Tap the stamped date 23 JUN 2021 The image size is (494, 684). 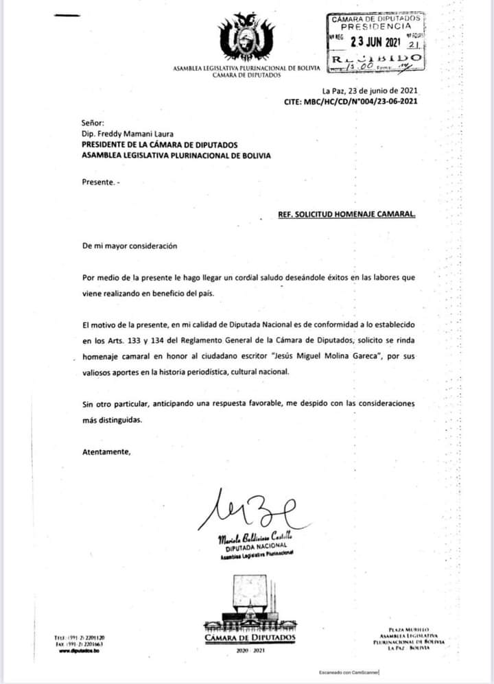[375, 41]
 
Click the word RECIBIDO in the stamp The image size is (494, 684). [376, 60]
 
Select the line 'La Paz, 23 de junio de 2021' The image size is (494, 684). [369, 91]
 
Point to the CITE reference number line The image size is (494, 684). [350, 102]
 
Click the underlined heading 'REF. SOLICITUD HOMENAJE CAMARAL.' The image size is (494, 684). [346, 214]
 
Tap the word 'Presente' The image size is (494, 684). [97, 183]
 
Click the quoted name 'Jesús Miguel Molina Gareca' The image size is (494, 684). [325, 357]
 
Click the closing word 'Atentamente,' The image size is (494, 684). [106, 452]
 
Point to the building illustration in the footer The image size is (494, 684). [249, 604]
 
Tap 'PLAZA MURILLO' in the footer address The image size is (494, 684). [409, 629]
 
